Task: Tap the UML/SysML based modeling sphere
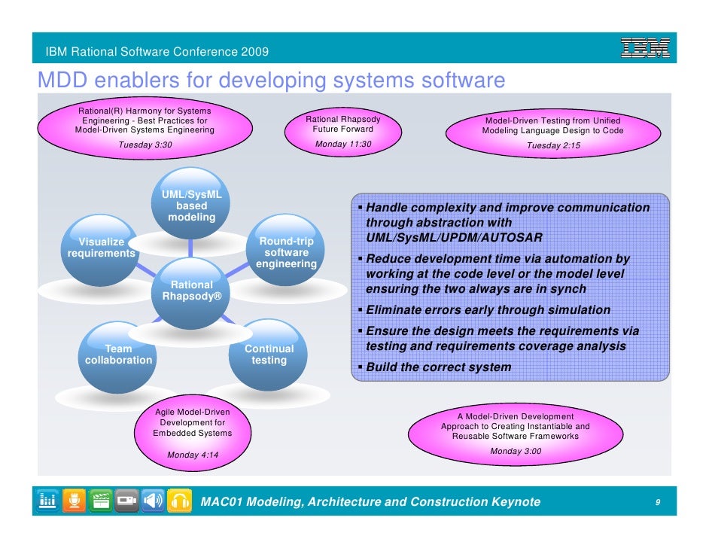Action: [x=191, y=208]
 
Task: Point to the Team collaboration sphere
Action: [x=118, y=356]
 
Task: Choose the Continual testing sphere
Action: [x=269, y=355]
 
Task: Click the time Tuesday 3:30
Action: [x=145, y=145]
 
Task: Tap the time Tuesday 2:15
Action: [x=552, y=146]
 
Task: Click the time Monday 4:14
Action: [x=193, y=455]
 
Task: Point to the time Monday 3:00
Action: [x=515, y=451]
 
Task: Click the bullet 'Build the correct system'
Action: [x=438, y=367]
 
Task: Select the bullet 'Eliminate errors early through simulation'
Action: [x=488, y=310]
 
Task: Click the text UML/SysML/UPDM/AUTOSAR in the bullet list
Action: [x=453, y=238]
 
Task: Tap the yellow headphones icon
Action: [x=178, y=501]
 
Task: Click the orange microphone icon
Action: [x=74, y=501]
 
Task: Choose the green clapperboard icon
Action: [x=100, y=501]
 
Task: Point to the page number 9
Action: [x=658, y=502]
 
